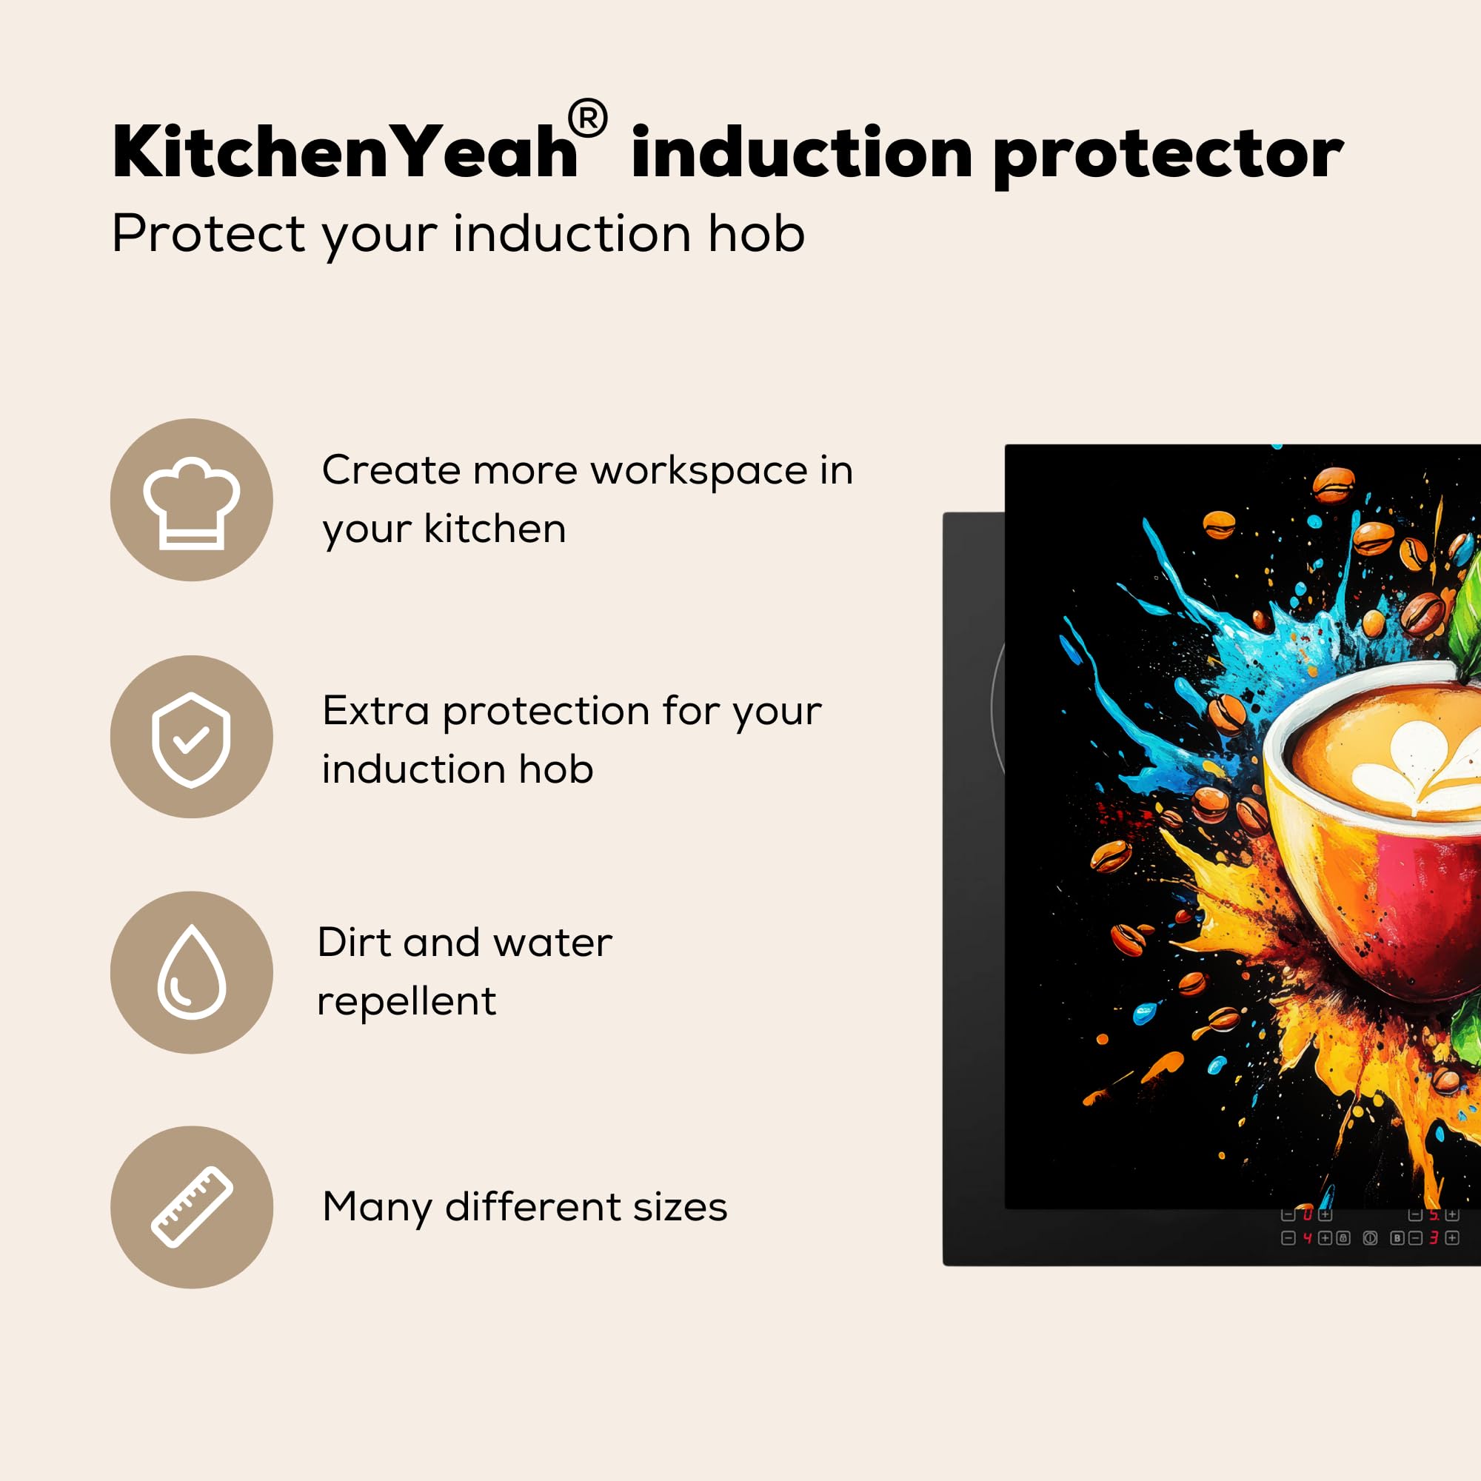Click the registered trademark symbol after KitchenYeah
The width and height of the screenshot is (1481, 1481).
point(588,119)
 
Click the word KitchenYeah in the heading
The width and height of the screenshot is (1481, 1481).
point(344,152)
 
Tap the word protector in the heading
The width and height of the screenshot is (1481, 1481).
point(1169,156)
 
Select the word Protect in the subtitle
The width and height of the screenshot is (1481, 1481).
point(209,233)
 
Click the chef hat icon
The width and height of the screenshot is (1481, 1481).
point(192,503)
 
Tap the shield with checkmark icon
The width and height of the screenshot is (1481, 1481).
point(191,740)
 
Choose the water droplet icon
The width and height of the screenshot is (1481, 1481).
point(192,972)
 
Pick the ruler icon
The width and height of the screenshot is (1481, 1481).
point(192,1207)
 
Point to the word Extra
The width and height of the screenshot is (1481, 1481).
point(375,711)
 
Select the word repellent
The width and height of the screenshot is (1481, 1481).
point(407,1001)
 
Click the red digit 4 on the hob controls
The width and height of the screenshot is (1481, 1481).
point(1308,1238)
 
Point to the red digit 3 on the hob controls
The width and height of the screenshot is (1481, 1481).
point(1433,1238)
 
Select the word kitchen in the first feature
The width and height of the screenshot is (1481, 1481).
point(495,529)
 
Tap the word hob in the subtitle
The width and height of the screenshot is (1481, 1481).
point(756,233)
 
